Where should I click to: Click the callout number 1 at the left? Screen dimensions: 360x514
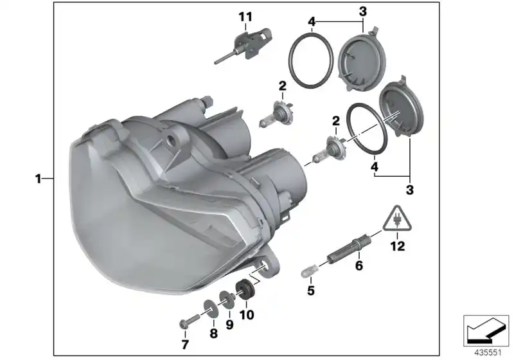coord(39,178)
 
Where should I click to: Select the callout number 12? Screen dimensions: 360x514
coord(398,246)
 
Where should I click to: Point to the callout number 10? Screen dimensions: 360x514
coord(247,315)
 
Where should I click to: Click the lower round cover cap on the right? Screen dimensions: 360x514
coord(398,110)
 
